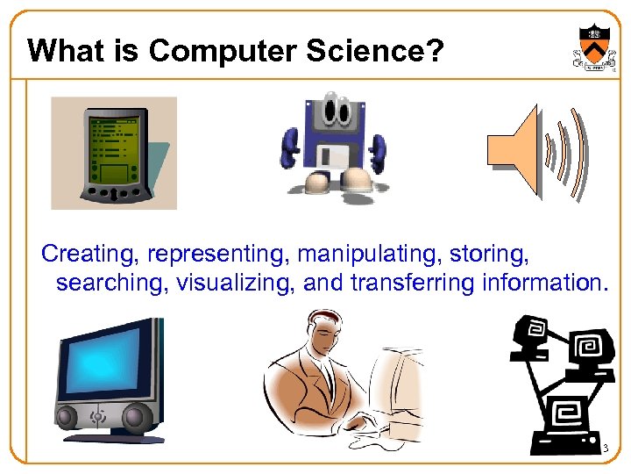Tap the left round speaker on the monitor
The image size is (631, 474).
tap(69, 415)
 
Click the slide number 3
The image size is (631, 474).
tap(605, 449)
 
